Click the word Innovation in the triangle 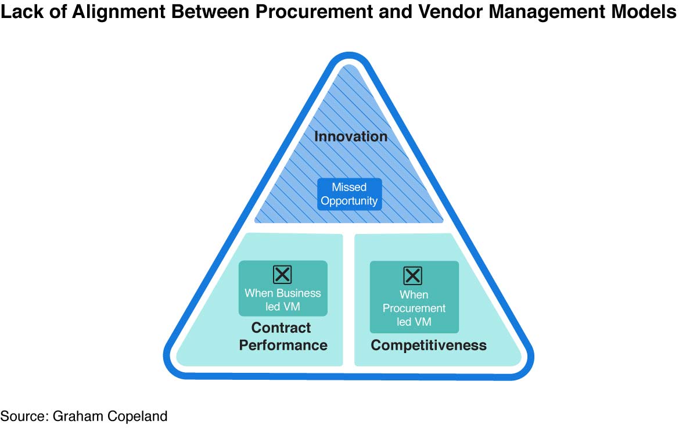click(351, 136)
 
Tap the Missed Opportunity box click(350, 194)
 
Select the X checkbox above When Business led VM click(282, 274)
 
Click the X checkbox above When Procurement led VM click(412, 276)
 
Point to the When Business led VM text click(282, 300)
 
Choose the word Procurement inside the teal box click(414, 308)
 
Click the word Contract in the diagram click(281, 328)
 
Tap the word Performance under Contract click(283, 346)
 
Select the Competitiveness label click(429, 346)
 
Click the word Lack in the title click(22, 12)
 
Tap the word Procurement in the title click(314, 12)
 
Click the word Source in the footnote click(24, 416)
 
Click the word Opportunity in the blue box click(349, 201)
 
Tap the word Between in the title click(210, 12)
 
